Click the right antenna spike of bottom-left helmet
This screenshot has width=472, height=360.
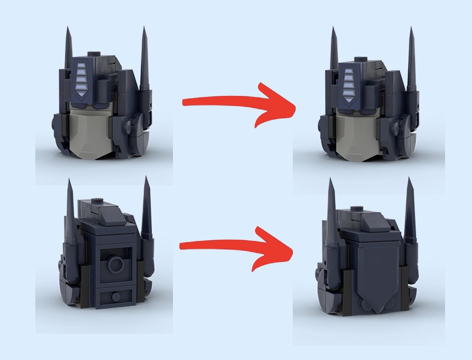tap(147, 211)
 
